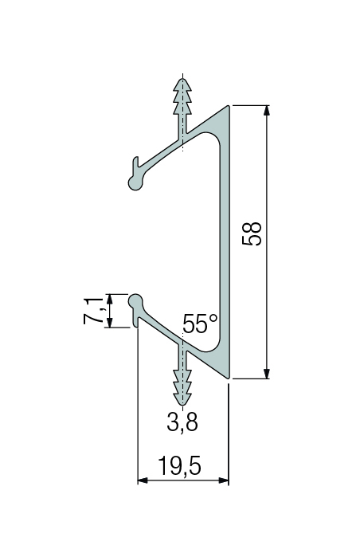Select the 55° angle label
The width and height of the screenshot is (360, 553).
pos(199,324)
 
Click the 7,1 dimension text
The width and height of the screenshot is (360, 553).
pos(93,311)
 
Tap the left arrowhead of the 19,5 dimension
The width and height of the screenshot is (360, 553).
pos(143,480)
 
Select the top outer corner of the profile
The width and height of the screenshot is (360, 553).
pos(229,105)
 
